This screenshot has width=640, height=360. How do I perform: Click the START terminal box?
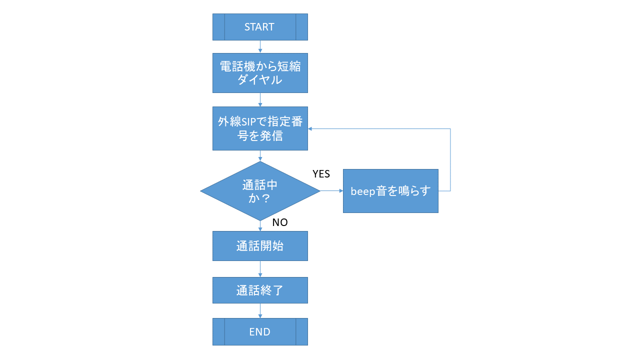click(x=260, y=27)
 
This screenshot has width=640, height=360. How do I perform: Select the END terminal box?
click(x=260, y=331)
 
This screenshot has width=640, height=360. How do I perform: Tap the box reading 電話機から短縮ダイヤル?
click(x=260, y=73)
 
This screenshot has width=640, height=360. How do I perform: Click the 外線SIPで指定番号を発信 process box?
click(x=260, y=128)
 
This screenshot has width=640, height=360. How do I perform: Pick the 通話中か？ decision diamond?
click(x=260, y=191)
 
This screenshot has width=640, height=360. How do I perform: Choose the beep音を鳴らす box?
click(x=390, y=191)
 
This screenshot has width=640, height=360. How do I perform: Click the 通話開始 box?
click(x=260, y=246)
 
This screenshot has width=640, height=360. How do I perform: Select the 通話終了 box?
click(x=260, y=290)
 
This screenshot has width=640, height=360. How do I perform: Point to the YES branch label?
click(x=321, y=173)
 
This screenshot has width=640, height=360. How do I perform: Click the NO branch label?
click(x=280, y=222)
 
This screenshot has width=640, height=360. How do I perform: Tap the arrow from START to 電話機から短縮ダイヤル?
click(x=260, y=46)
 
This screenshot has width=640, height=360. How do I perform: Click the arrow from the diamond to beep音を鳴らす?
click(x=331, y=191)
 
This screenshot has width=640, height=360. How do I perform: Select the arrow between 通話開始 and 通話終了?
click(x=260, y=269)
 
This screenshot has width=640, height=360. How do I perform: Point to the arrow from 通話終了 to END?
click(x=260, y=311)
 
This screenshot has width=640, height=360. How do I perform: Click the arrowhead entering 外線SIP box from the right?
click(x=309, y=128)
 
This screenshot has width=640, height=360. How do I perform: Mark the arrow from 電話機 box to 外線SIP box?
click(x=260, y=99)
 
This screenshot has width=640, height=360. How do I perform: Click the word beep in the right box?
click(x=363, y=191)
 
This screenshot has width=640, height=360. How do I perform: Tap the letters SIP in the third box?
click(x=248, y=122)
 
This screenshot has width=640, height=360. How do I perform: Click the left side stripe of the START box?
click(x=218, y=27)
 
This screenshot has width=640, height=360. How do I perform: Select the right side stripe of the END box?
click(x=301, y=331)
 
